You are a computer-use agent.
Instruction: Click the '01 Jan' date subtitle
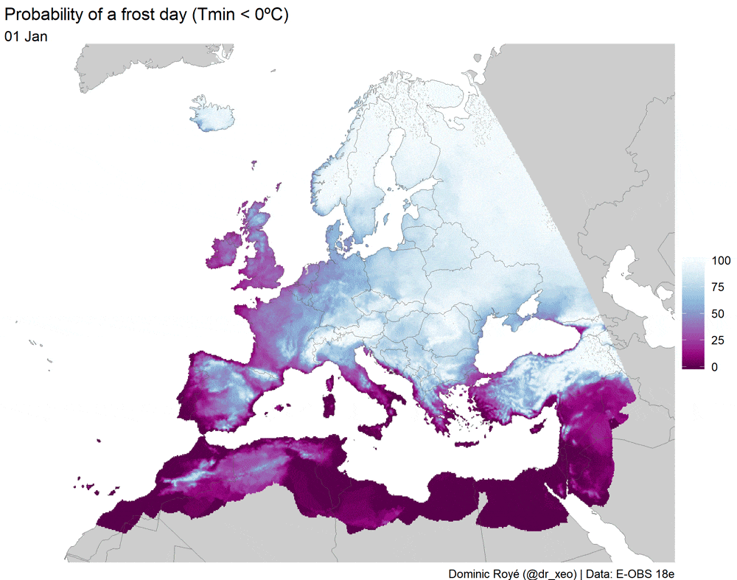(27, 37)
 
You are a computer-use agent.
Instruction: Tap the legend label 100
(720, 261)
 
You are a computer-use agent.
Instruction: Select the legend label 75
(717, 287)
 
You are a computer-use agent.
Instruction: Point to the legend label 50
(717, 314)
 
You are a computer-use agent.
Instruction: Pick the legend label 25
(717, 340)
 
